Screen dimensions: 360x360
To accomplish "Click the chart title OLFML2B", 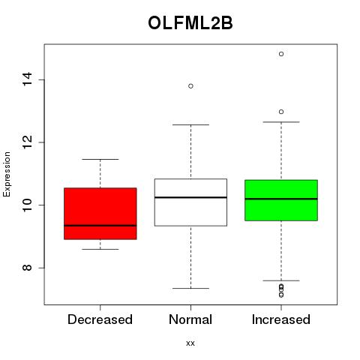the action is coord(190,23).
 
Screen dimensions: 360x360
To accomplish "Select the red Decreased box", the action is coord(100,214).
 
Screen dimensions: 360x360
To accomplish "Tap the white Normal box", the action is coord(190,202).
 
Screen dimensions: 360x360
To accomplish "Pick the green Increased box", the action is coord(281,200).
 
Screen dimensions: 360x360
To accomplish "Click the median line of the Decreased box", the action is coord(100,226).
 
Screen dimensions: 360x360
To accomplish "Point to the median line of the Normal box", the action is coord(190,197).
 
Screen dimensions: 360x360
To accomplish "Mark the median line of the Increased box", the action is coord(281,199).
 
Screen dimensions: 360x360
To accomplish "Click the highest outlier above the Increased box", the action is coord(281,54).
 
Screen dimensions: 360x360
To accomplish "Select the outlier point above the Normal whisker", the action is coord(190,86).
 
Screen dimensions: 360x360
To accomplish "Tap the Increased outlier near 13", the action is coord(281,112).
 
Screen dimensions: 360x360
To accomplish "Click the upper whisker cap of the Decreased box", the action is coord(100,159).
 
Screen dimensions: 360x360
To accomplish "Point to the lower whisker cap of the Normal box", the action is coord(190,288).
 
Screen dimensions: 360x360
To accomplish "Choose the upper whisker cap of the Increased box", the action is coord(281,122).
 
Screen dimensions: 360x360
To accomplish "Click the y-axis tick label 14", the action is coord(27,79).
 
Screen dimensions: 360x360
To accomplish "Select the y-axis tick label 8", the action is coord(27,268).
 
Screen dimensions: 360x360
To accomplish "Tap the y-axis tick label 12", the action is coord(27,142).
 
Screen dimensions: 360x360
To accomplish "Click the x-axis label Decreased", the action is coord(100,319).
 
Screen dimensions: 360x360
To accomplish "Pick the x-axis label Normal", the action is coord(190,319).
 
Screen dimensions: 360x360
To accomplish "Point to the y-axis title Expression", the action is coord(7,174).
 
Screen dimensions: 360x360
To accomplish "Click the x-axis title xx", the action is coord(190,343).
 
